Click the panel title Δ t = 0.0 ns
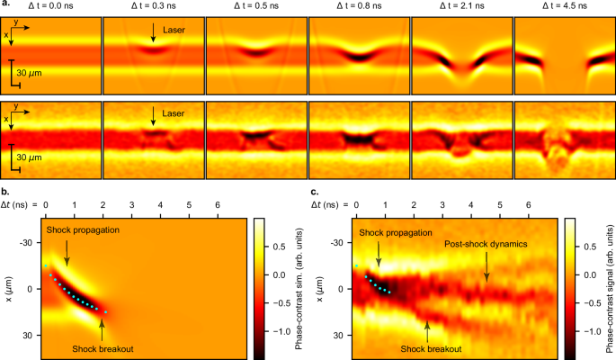[x=50, y=6]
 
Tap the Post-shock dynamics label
[x=487, y=244]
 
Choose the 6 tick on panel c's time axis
[x=529, y=206]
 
